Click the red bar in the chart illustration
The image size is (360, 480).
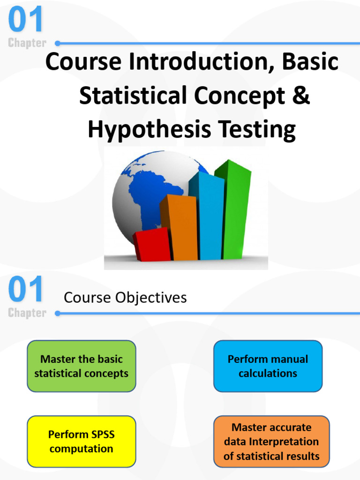[x=152, y=245]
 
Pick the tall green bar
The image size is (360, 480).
[x=236, y=211]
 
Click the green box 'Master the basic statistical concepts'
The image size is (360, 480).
[x=82, y=366]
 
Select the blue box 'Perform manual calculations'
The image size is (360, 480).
[x=268, y=366]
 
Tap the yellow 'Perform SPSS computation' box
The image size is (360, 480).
[x=82, y=442]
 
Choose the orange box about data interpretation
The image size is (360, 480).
[x=271, y=442]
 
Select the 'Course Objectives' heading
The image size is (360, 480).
[x=125, y=298]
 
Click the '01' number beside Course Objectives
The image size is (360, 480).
[x=26, y=290]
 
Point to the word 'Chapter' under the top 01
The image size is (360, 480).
[x=27, y=43]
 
